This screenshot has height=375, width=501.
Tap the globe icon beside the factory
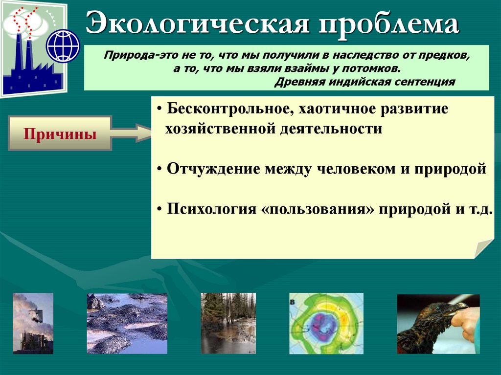[63, 46]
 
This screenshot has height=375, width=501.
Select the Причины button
[60, 133]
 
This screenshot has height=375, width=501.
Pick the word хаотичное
[337, 109]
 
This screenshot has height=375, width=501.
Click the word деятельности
[331, 129]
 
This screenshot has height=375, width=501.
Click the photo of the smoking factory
[33, 323]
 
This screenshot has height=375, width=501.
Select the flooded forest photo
[228, 323]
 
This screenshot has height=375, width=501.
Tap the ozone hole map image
[326, 323]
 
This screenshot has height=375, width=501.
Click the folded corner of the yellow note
[483, 248]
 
